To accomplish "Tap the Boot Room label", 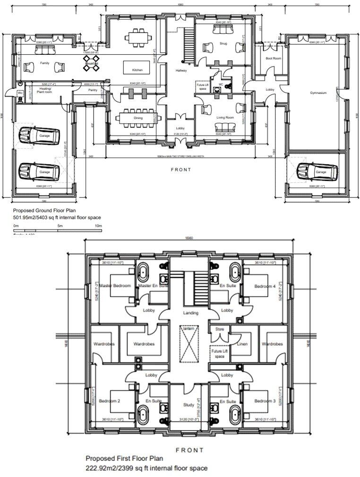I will pyautogui.click(x=273, y=59).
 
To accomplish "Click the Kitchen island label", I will pyautogui.click(x=137, y=70).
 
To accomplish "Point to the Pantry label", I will pyautogui.click(x=92, y=90).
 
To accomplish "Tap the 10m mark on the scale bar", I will pyautogui.click(x=99, y=226).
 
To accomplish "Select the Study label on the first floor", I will pyautogui.click(x=189, y=405).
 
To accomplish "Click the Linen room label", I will pyautogui.click(x=243, y=344).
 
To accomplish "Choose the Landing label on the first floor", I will pyautogui.click(x=190, y=313).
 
